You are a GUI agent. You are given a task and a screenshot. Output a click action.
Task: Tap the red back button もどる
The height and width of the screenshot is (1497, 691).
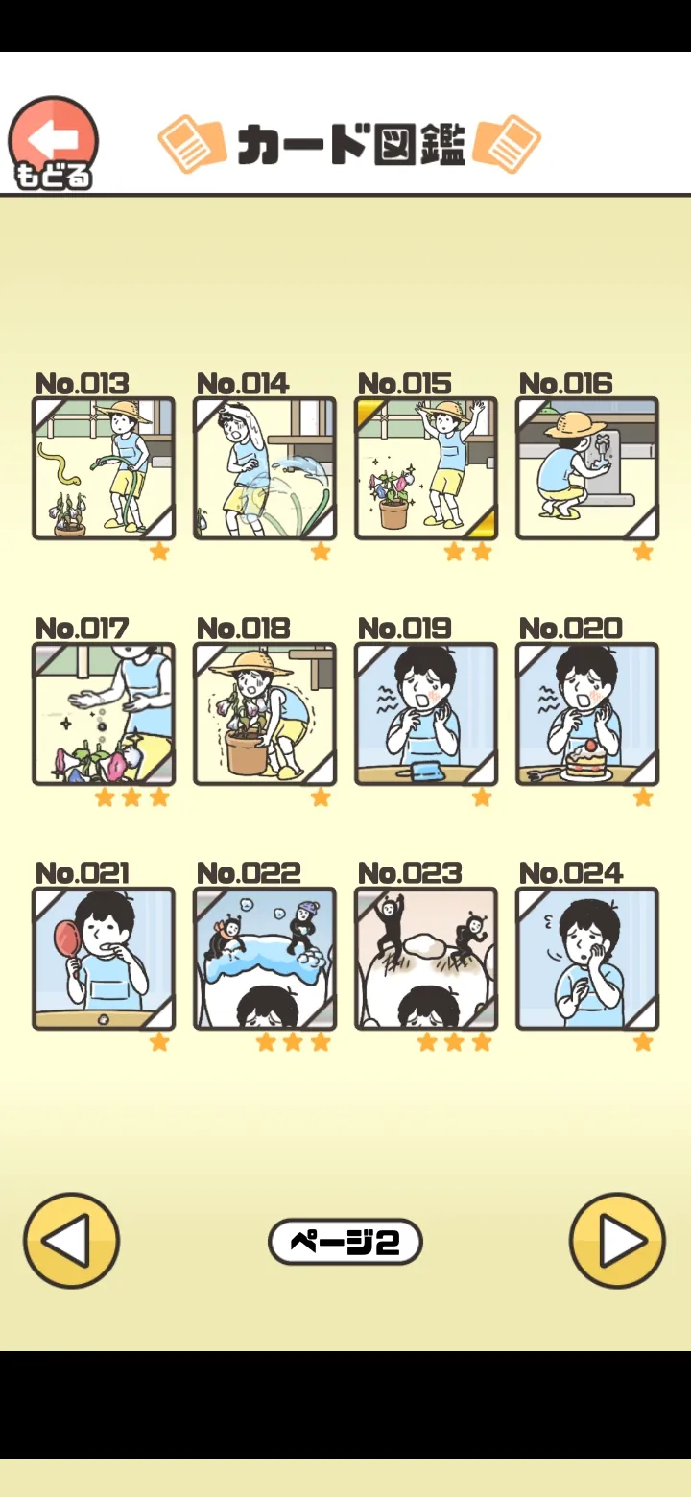(53, 142)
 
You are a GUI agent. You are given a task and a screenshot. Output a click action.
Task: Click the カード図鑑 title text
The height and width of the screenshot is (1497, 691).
(351, 144)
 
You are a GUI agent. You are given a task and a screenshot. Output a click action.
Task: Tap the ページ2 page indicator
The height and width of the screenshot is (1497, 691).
(345, 1242)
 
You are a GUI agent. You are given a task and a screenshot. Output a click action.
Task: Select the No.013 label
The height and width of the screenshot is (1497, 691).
(82, 384)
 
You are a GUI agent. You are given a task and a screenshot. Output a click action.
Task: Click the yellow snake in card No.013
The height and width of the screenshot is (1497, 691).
(58, 463)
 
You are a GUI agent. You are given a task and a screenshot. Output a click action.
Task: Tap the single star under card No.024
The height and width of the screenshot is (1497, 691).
(643, 1041)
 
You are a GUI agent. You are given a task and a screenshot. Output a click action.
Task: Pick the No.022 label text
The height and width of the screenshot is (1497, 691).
(249, 873)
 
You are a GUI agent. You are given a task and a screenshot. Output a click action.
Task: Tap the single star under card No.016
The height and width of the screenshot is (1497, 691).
(643, 552)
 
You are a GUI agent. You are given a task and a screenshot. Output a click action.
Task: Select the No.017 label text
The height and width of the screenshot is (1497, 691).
(82, 629)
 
